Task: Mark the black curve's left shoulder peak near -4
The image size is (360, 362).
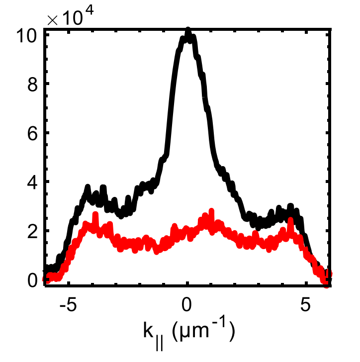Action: [x=88, y=188]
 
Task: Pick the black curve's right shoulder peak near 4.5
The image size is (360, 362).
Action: [x=290, y=206]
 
